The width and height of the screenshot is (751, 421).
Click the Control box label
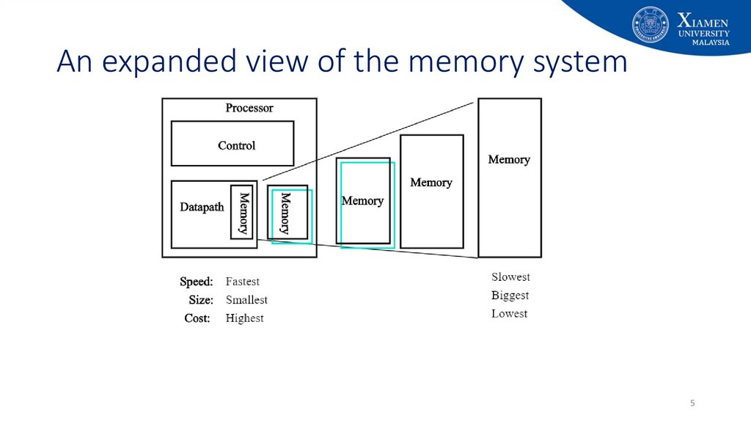click(x=237, y=146)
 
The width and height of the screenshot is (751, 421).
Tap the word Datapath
click(x=202, y=207)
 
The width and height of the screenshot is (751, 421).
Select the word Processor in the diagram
click(x=249, y=108)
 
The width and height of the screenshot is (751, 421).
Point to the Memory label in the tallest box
click(x=509, y=159)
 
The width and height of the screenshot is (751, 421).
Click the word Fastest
click(x=242, y=281)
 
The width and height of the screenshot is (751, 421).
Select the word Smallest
click(x=246, y=300)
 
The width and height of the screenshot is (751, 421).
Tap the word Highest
click(x=245, y=318)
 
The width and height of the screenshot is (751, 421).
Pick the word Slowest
click(x=510, y=277)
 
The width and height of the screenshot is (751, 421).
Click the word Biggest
click(x=510, y=296)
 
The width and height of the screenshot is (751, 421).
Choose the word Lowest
click(x=509, y=314)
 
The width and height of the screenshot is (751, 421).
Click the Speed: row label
click(x=197, y=282)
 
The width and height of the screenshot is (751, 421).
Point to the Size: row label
click(x=201, y=300)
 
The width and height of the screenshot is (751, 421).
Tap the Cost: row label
click(x=197, y=318)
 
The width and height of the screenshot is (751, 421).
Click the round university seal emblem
click(x=650, y=24)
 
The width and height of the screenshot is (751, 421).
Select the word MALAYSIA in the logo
click(x=711, y=43)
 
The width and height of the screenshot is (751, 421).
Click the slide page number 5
click(x=692, y=403)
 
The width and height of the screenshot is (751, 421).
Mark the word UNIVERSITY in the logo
click(x=703, y=34)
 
